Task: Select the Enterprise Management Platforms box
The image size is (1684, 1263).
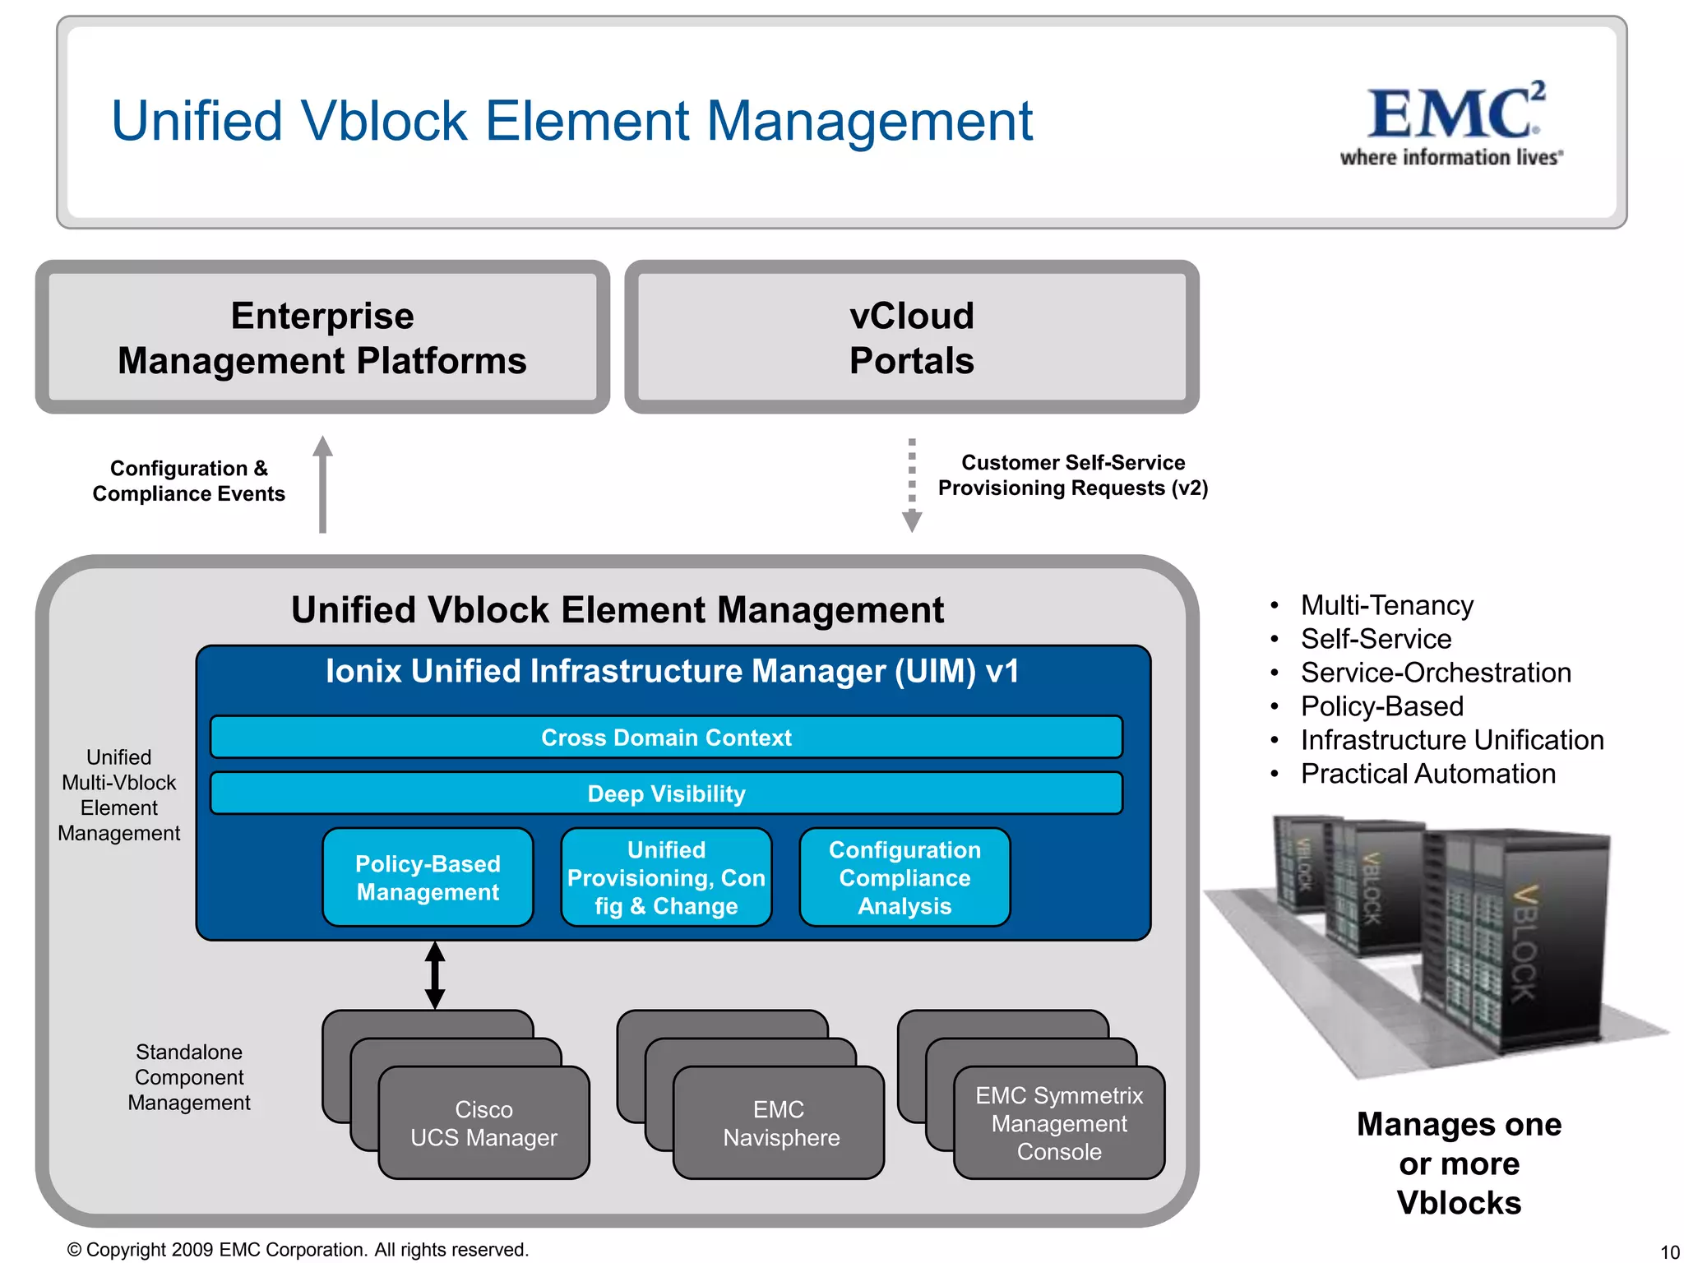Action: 322,338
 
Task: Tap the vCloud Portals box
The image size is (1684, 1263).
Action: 911,338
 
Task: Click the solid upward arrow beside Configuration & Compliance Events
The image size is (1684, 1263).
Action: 322,484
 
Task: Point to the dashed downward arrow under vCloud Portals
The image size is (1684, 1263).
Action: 911,484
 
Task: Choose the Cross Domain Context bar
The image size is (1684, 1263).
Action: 666,738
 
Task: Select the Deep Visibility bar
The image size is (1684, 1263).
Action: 666,793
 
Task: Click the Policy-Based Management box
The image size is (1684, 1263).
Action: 428,877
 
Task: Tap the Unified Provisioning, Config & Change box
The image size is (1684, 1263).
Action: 666,877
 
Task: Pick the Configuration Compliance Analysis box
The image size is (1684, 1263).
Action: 904,877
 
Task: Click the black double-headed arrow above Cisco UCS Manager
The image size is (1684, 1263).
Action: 435,975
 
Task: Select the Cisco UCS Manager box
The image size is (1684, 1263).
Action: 483,1123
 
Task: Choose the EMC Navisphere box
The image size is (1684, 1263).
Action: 779,1123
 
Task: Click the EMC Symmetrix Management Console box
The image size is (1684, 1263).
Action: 1059,1123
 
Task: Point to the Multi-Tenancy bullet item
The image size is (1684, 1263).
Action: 1386,605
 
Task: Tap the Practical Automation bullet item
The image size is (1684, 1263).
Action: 1427,774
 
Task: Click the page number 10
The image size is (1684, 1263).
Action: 1669,1251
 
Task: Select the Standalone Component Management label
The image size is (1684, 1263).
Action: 189,1077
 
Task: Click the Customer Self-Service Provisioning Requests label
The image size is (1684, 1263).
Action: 1073,475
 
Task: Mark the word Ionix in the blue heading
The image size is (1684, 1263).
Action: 363,671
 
